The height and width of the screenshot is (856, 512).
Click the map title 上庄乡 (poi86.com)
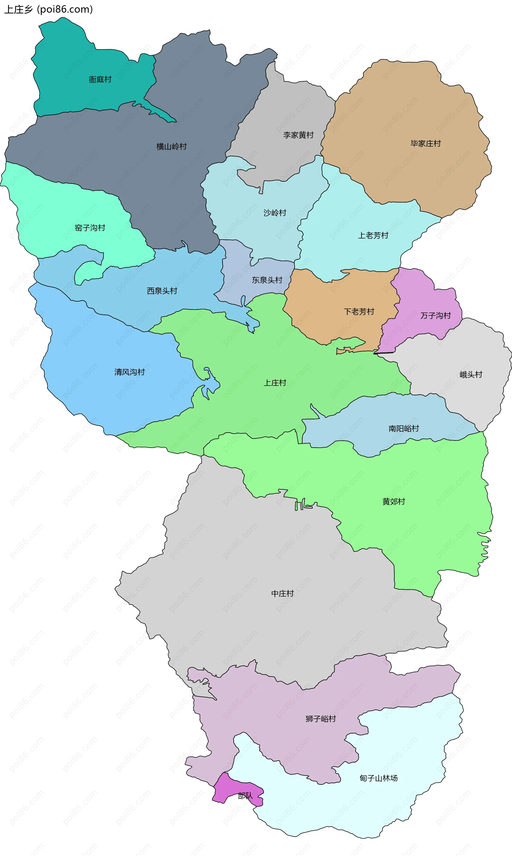(x=48, y=9)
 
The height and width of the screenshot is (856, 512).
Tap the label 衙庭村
(x=100, y=80)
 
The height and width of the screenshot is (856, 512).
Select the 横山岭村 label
(x=171, y=147)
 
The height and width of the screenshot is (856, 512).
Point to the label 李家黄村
(x=298, y=135)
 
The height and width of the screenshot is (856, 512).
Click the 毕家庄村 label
(x=426, y=143)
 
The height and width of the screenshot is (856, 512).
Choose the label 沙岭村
(x=275, y=213)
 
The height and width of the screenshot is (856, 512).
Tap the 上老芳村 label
(x=373, y=236)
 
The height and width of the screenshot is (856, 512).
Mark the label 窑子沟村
(x=90, y=228)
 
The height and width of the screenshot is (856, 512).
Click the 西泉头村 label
(x=162, y=291)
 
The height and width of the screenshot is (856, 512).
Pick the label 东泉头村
(x=267, y=280)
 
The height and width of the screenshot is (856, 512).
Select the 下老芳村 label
(x=359, y=312)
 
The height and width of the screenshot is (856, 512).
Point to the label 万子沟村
(x=436, y=316)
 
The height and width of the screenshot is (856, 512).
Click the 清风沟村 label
(x=130, y=372)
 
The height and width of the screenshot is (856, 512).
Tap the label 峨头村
(x=471, y=374)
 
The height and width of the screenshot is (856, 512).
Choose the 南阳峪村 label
(x=404, y=429)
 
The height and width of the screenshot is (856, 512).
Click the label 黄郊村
(x=394, y=502)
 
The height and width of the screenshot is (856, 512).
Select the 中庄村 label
(x=283, y=593)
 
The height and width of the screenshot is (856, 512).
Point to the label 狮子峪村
(x=321, y=719)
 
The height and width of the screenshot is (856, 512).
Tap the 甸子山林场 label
(x=378, y=778)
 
